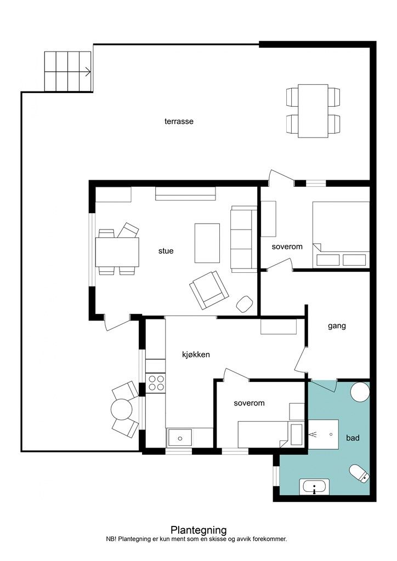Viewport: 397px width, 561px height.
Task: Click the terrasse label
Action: click(179, 121)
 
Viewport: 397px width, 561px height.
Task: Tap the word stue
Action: click(166, 251)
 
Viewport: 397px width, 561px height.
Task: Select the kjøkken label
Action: click(196, 354)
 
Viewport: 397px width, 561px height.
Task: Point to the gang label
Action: click(337, 326)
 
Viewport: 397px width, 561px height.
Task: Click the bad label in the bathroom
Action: click(353, 438)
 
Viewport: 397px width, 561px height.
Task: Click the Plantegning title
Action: click(198, 530)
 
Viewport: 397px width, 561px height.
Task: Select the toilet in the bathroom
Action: click(359, 473)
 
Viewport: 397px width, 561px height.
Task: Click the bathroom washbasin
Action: click(314, 486)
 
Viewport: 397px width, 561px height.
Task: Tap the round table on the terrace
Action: click(122, 409)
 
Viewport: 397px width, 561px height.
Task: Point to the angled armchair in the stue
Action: click(209, 290)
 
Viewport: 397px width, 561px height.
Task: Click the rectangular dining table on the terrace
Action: click(313, 111)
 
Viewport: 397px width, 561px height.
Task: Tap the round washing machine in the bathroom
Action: click(360, 392)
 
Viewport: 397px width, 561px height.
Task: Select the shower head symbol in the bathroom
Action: click(313, 434)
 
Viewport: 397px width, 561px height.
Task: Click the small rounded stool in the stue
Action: click(245, 304)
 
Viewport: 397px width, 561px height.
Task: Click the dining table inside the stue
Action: click(117, 252)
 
